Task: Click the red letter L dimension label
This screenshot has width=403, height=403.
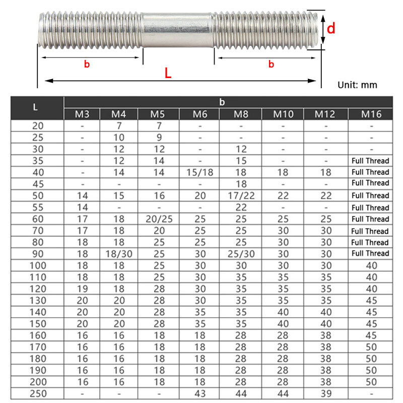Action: [168, 73]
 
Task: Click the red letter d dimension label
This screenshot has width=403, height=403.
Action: [331, 28]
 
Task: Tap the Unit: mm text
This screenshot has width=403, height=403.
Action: [357, 85]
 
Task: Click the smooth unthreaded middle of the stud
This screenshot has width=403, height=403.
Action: [178, 31]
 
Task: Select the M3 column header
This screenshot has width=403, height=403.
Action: [82, 114]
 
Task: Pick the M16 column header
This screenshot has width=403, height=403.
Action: [371, 114]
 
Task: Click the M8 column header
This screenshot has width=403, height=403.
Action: [241, 114]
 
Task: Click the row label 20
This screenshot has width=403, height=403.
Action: [38, 125]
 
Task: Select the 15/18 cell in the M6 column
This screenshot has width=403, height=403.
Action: [200, 172]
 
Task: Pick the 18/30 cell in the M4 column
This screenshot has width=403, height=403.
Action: [119, 253]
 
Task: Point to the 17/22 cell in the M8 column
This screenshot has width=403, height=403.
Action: [241, 195]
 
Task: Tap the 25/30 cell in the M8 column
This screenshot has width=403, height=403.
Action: [241, 253]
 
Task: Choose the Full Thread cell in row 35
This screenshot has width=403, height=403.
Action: [370, 161]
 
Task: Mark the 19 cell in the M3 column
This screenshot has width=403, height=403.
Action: [82, 288]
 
